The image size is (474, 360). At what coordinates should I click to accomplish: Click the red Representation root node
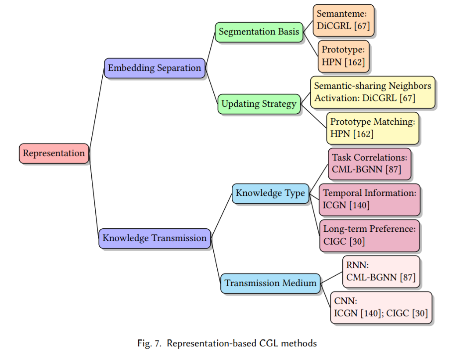[x=54, y=154]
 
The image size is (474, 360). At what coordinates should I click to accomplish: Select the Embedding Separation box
[x=154, y=68]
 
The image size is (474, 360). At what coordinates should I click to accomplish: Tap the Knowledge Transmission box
[x=154, y=238]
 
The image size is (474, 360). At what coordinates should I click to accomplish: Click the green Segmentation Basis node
[x=259, y=32]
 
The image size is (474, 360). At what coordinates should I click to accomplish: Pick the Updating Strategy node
[x=259, y=104]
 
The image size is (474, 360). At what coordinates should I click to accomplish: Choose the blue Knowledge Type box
[x=270, y=194]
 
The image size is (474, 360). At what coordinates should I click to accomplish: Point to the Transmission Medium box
[x=270, y=283]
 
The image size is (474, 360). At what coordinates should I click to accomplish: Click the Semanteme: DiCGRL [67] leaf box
[x=343, y=20]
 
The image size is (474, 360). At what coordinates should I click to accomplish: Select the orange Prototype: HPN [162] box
[x=343, y=56]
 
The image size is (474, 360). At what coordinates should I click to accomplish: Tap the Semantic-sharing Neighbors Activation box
[x=373, y=92]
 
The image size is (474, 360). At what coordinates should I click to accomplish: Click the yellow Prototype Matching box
[x=373, y=128]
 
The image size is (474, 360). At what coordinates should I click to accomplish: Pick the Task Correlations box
[x=370, y=164]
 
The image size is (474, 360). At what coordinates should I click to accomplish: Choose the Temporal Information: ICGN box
[x=370, y=200]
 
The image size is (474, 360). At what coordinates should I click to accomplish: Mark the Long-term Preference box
[x=370, y=236]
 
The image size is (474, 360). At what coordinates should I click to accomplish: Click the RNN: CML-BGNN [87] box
[x=381, y=272]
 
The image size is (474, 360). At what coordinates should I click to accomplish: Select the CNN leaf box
[x=381, y=308]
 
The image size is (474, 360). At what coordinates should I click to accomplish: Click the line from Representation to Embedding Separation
[x=97, y=111]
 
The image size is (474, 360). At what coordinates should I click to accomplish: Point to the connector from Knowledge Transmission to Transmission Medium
[x=215, y=260]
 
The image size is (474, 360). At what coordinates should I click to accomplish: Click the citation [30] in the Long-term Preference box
[x=357, y=242]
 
